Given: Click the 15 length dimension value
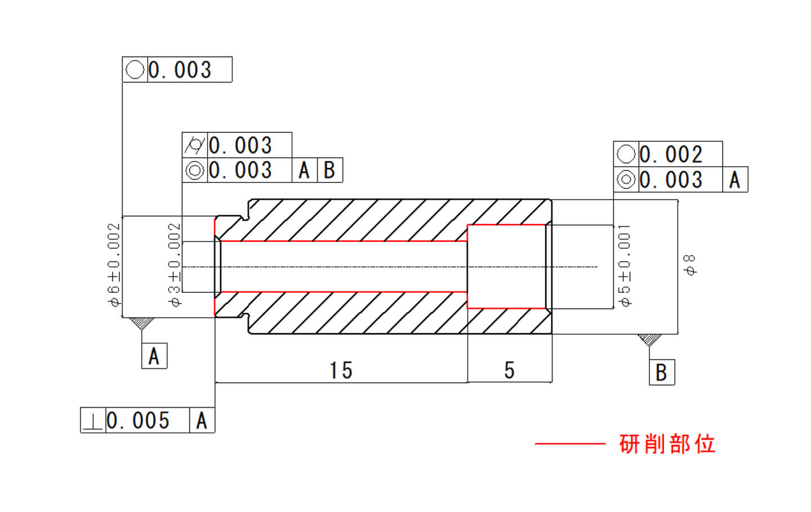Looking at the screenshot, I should point(341,371).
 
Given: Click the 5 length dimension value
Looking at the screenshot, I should point(509,371).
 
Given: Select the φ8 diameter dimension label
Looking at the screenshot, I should point(689,265).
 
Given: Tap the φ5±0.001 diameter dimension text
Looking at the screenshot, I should point(625,265).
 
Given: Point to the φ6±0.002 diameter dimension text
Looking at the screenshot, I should point(114,265).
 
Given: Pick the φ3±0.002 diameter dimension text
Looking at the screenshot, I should point(175,265).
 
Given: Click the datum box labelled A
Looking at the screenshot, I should point(154,357).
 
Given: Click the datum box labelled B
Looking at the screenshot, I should point(661,372).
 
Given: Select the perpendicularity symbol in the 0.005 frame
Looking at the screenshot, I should point(93,421).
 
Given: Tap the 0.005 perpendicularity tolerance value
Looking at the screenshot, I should point(139,421).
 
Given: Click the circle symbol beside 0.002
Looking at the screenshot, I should point(626,154).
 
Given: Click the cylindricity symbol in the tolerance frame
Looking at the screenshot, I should point(195,145).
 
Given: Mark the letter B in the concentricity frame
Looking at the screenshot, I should point(329,170).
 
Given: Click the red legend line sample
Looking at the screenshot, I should point(569,444).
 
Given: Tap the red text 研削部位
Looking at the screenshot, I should point(667,444).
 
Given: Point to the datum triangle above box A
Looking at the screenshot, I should point(142,324).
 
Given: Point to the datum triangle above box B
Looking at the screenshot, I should point(649,340).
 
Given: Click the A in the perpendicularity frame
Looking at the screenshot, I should point(202,421).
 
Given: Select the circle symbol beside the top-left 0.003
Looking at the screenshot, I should point(135,70).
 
